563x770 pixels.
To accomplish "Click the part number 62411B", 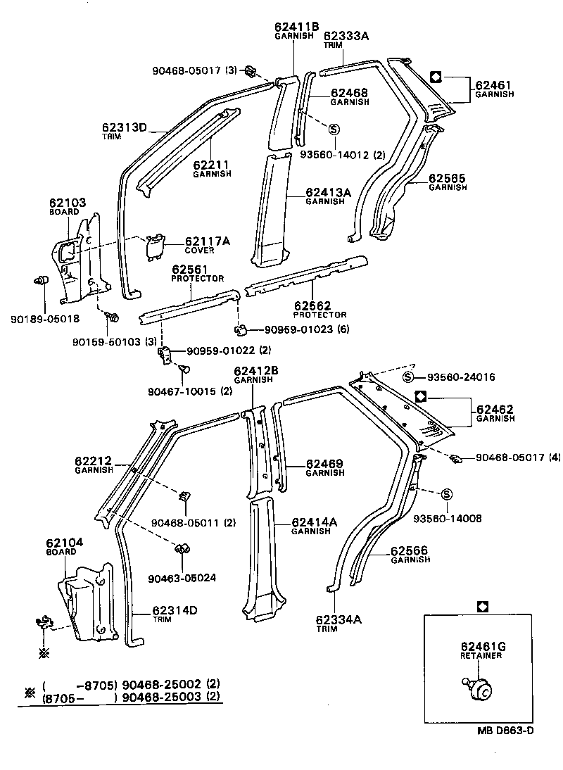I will click(293, 27).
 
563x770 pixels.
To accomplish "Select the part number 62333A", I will click(346, 34).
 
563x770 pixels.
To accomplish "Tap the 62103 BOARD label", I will click(68, 206).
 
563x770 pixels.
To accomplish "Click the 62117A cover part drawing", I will click(154, 247).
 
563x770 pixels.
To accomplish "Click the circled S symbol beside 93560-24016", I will click(407, 377).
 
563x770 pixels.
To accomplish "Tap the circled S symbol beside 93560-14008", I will click(445, 495).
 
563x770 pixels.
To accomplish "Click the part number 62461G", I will click(481, 646).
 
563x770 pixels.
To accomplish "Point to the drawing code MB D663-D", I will click(505, 730).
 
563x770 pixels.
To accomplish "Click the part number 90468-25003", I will click(162, 698).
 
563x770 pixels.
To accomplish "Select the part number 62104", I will click(64, 543).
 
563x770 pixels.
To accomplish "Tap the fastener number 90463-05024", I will click(182, 577).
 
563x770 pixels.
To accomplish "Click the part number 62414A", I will click(315, 522).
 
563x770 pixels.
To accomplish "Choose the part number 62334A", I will click(338, 619).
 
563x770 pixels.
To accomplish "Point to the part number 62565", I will click(449, 179).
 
